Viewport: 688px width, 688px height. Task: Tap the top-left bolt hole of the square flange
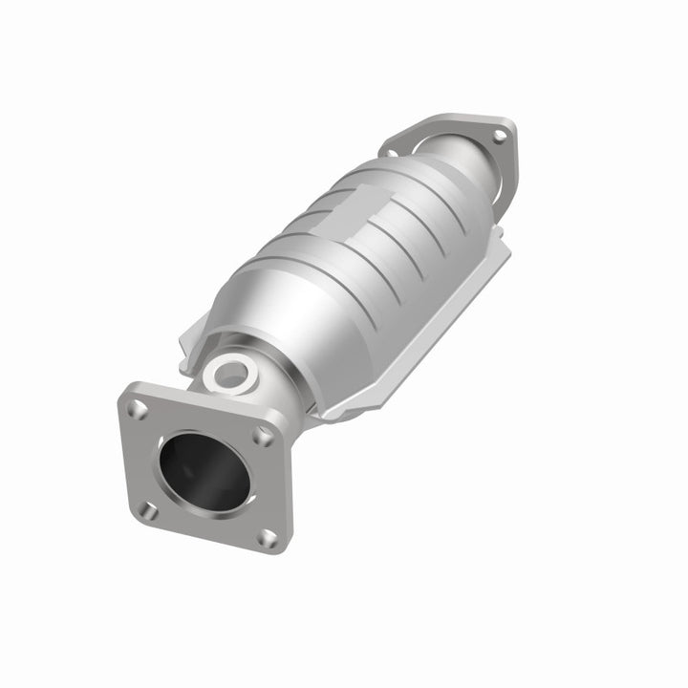coord(140,409)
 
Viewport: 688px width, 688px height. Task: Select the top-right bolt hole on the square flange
coord(263,435)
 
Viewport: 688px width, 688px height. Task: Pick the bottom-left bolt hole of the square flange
coord(147,511)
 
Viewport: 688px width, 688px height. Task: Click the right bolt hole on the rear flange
coord(497,137)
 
